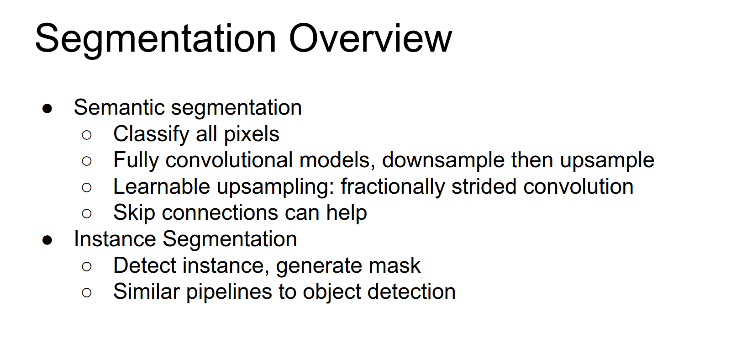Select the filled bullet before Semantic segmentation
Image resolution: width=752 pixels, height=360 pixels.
(47, 108)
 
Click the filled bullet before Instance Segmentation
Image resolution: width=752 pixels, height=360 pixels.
(47, 240)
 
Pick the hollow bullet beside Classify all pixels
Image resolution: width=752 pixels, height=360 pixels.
(87, 135)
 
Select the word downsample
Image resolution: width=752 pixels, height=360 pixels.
(443, 160)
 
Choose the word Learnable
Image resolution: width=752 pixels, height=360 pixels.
(162, 186)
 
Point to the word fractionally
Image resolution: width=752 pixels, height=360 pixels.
(393, 187)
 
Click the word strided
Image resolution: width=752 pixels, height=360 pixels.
(484, 186)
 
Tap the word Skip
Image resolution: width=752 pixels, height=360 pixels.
(134, 213)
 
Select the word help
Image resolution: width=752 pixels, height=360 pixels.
(347, 213)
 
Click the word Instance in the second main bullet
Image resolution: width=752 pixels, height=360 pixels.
(115, 239)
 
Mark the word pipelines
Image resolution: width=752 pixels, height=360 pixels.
(229, 292)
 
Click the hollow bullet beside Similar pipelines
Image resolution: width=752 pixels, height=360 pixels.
(87, 293)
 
